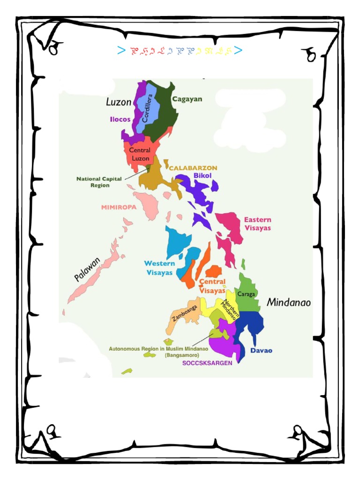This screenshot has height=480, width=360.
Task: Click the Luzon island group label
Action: click(119, 102)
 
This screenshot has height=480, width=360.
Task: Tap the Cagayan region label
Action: click(187, 99)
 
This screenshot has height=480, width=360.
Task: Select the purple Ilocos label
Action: click(120, 120)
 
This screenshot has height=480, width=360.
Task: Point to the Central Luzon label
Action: click(139, 154)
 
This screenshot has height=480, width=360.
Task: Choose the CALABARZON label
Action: click(193, 168)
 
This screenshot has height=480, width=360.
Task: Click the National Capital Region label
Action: click(99, 182)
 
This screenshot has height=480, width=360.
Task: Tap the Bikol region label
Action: click(202, 176)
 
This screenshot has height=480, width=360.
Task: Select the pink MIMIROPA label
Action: click(119, 207)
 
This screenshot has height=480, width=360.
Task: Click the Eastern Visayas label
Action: click(257, 224)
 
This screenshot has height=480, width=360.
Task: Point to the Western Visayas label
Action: click(159, 268)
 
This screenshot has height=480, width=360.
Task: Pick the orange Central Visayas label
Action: click(212, 286)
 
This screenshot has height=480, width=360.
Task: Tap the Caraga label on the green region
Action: click(246, 294)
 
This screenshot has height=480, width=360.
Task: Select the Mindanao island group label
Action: click(288, 303)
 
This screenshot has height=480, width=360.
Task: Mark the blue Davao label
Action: click(261, 351)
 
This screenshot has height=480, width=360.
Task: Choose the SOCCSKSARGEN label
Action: click(207, 363)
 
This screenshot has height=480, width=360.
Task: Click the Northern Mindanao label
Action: click(230, 310)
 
